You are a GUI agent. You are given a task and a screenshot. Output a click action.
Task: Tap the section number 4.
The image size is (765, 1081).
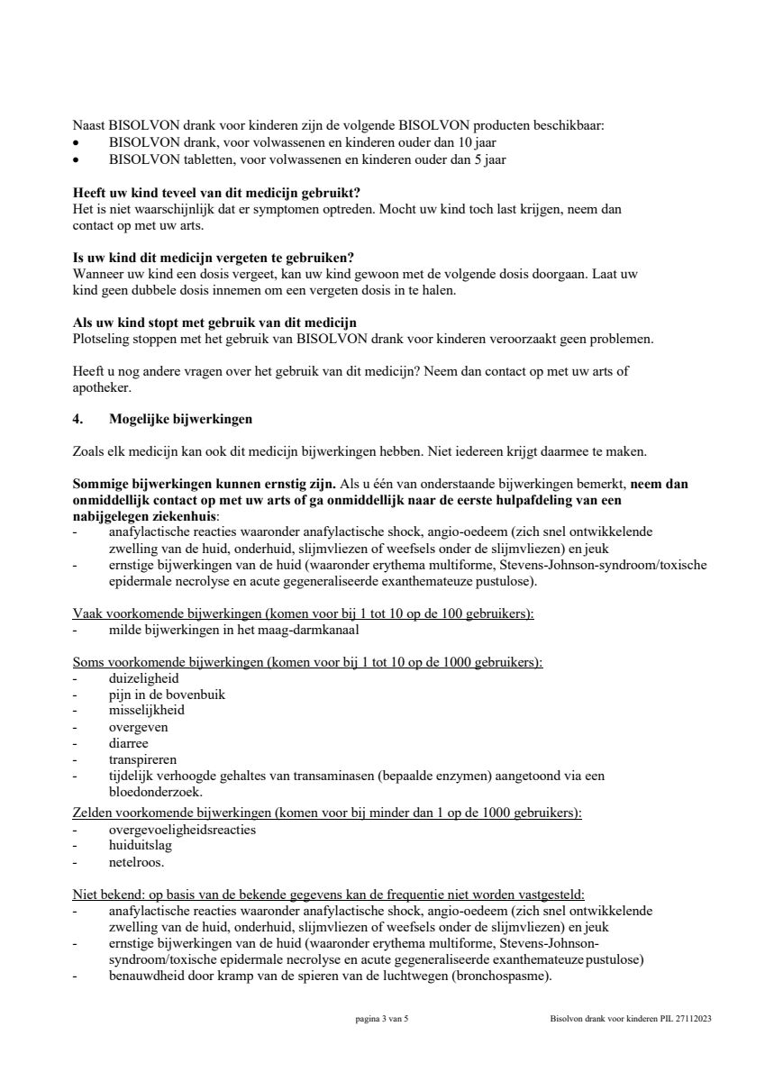pyautogui.click(x=77, y=419)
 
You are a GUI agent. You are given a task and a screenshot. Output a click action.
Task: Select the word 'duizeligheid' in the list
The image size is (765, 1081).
pyautogui.click(x=143, y=677)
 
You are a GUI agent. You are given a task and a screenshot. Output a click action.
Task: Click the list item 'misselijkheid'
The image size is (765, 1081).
pyautogui.click(x=147, y=710)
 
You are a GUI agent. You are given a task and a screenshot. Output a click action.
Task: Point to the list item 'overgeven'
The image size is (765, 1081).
pyautogui.click(x=138, y=726)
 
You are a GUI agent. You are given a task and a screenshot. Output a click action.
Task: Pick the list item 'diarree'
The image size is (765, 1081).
pyautogui.click(x=129, y=743)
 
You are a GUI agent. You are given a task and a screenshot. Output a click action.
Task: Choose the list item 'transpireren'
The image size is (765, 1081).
pyautogui.click(x=142, y=759)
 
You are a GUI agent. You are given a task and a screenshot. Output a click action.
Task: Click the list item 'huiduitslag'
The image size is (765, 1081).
pyautogui.click(x=140, y=846)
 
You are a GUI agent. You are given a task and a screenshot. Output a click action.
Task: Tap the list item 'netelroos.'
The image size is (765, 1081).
pyautogui.click(x=136, y=862)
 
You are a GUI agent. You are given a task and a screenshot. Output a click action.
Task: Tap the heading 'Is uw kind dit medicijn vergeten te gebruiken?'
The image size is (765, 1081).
pyautogui.click(x=213, y=258)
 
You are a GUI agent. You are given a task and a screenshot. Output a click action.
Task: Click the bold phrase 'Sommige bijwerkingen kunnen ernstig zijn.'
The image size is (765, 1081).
pyautogui.click(x=203, y=484)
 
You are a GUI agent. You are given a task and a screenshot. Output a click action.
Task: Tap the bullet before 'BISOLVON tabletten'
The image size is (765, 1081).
pyautogui.click(x=77, y=160)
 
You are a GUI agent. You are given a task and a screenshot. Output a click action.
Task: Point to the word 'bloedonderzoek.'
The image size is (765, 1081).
pyautogui.click(x=155, y=793)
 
